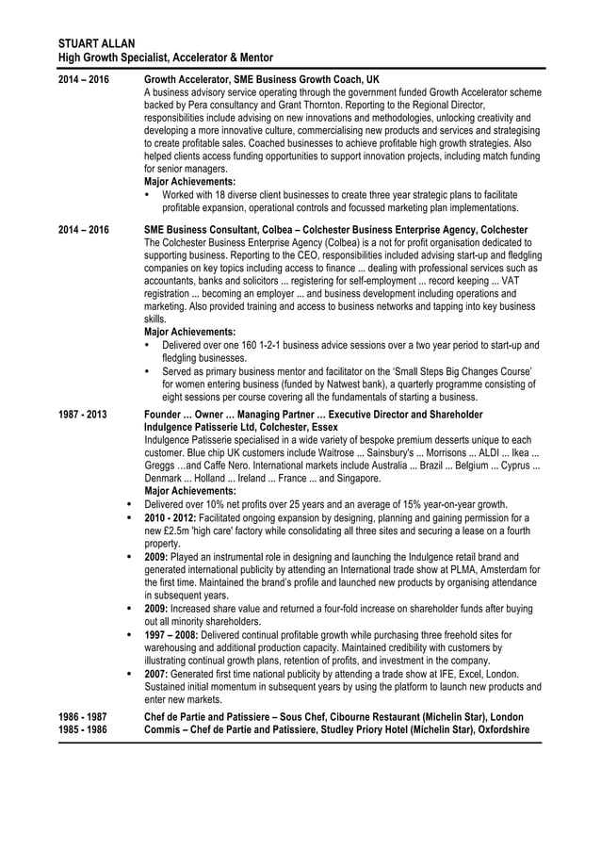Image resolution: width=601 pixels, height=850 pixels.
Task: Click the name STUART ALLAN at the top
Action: (96, 44)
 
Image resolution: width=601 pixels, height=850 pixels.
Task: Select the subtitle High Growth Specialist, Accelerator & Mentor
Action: (166, 57)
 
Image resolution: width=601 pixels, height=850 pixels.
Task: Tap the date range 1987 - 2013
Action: (82, 415)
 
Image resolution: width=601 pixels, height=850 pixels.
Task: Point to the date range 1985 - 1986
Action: (82, 730)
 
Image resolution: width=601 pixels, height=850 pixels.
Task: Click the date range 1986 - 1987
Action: (82, 717)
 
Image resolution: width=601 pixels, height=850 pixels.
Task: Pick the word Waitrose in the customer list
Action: (336, 452)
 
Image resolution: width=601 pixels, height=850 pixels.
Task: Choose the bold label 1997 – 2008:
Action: (176, 635)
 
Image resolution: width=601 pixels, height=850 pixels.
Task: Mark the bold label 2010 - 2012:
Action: (173, 517)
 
